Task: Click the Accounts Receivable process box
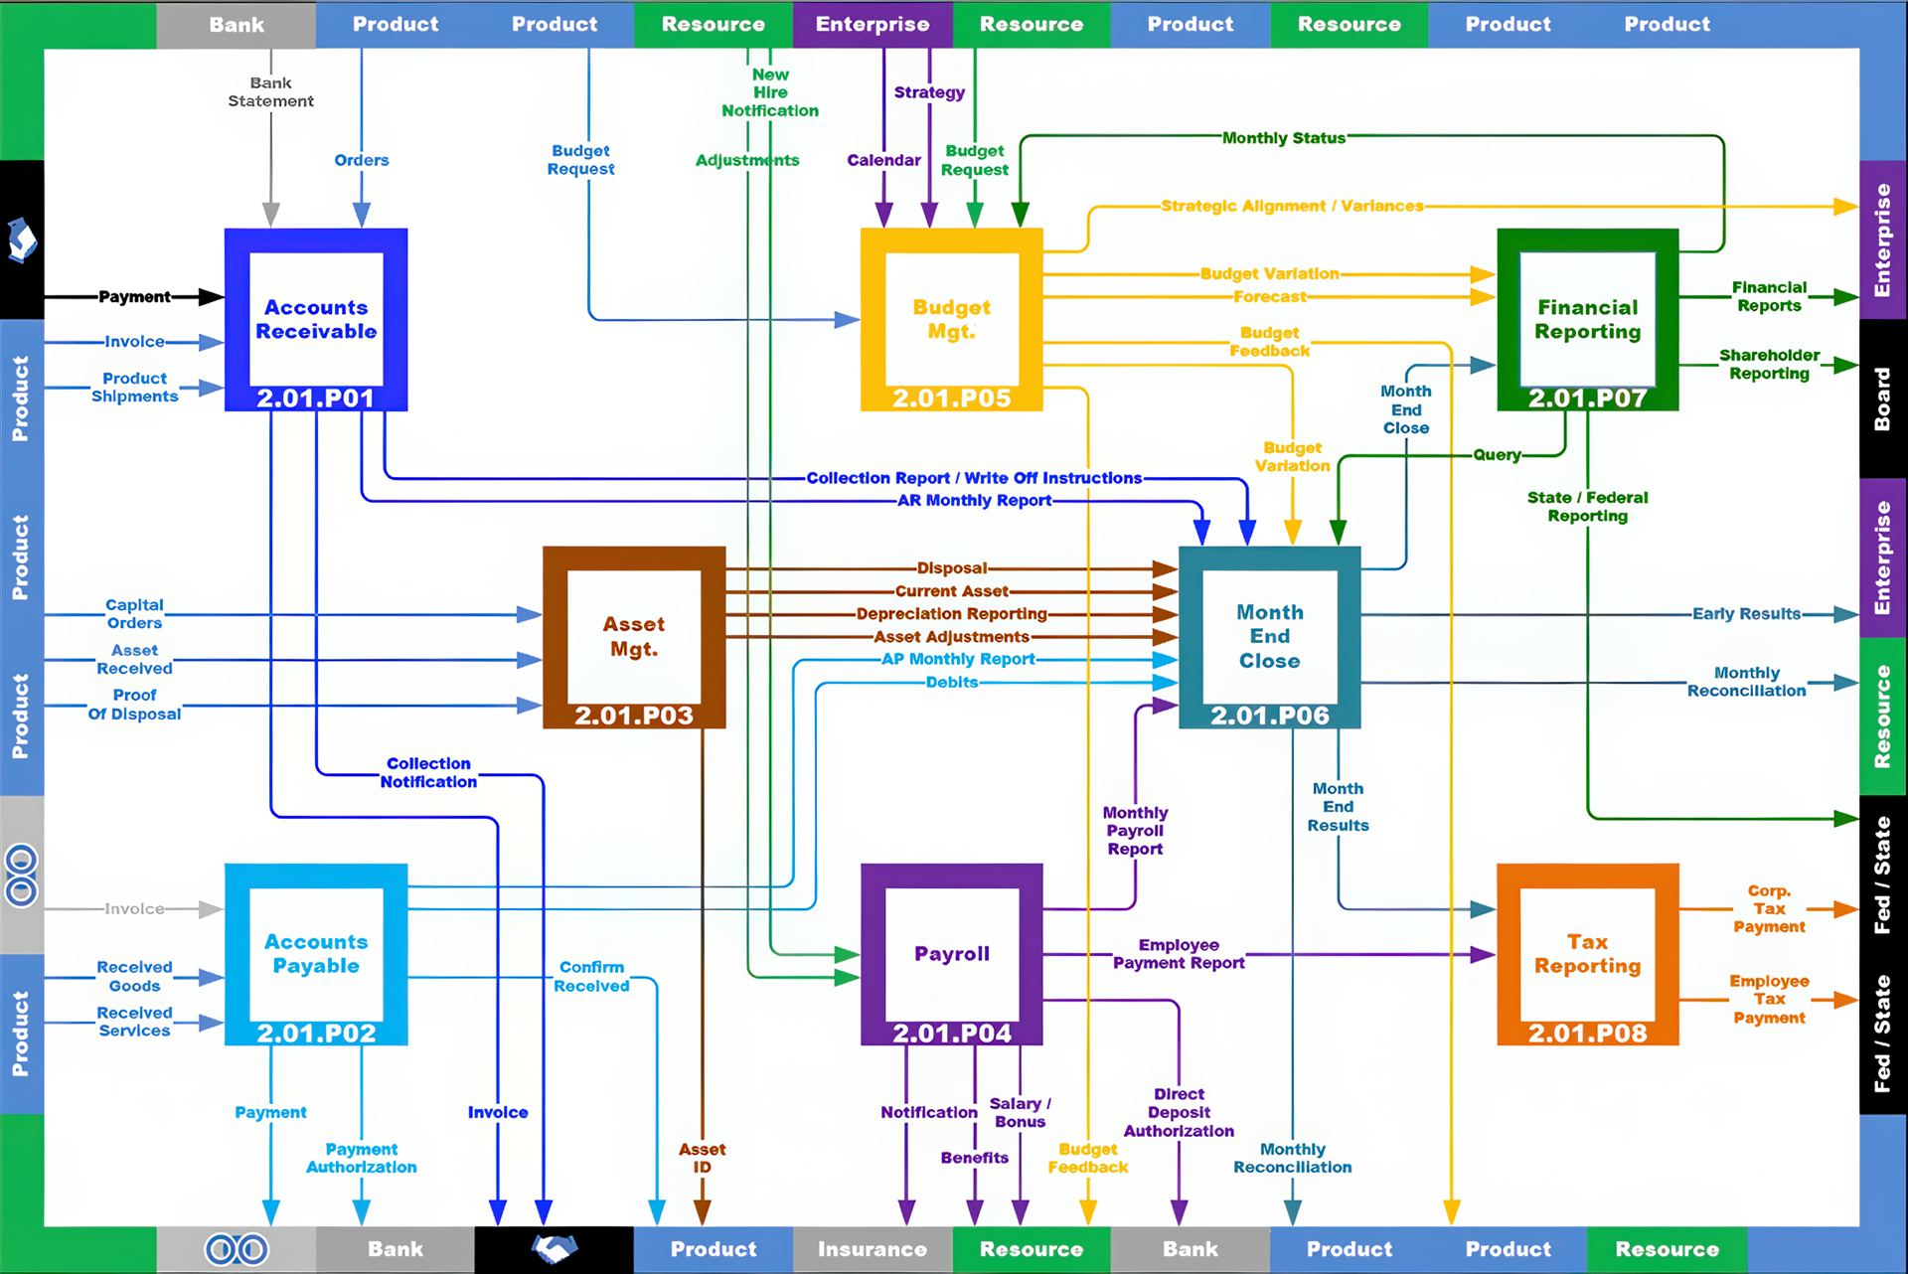click(x=316, y=319)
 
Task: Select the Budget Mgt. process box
click(x=951, y=319)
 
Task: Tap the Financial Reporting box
click(x=1587, y=319)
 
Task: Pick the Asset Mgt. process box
click(x=634, y=636)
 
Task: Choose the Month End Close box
click(x=1269, y=636)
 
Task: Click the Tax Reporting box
click(x=1587, y=954)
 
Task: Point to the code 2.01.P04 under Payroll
click(x=951, y=1034)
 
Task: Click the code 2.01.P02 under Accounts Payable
click(x=316, y=1034)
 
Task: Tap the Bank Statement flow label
click(x=270, y=92)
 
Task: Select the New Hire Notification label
click(x=770, y=92)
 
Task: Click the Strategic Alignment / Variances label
click(x=1292, y=206)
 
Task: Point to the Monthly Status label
click(x=1283, y=138)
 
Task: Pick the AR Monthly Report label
click(x=974, y=501)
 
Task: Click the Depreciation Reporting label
click(x=951, y=614)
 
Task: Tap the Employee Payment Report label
click(x=1179, y=954)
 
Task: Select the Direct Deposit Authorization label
click(x=1179, y=1112)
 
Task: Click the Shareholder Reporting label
click(x=1769, y=364)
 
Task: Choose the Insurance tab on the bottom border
click(x=872, y=1249)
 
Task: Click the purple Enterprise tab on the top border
click(x=872, y=24)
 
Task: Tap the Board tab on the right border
click(x=1882, y=398)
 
